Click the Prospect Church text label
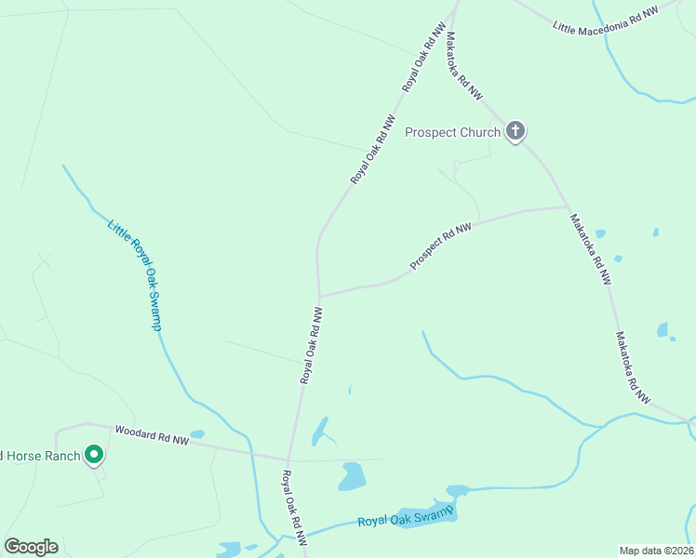point(452,132)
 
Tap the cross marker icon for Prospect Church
point(515,131)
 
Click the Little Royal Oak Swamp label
point(136,275)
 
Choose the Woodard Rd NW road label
point(152,434)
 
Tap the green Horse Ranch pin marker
point(93,455)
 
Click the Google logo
point(31,547)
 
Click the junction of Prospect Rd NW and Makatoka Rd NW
point(568,206)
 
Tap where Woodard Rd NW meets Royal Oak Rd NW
point(288,459)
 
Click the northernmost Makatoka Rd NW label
point(464,66)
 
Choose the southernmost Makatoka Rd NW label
point(632,367)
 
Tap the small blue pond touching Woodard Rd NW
point(196,433)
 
